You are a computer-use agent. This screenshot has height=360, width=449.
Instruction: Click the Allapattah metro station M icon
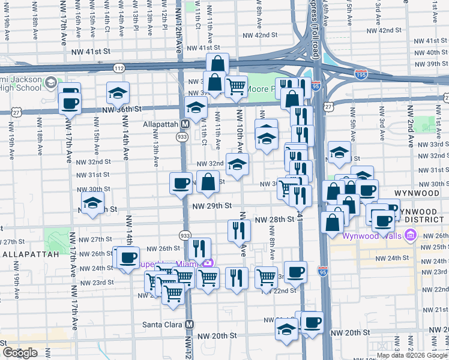coord(185,123)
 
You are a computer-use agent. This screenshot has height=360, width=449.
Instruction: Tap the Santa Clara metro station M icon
coord(189,324)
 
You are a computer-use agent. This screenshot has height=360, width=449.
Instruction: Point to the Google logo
coord(20,353)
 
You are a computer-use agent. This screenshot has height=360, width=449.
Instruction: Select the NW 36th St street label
coord(121,109)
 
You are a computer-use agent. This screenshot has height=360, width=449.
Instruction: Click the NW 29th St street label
coord(212,205)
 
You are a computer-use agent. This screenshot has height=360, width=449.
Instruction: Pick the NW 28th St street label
coord(274,220)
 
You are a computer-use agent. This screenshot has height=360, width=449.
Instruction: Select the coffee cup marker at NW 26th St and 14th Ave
coord(127,258)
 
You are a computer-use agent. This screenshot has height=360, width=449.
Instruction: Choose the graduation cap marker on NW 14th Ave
coord(118,93)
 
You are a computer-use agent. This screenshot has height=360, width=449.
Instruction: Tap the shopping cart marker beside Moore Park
coord(237,86)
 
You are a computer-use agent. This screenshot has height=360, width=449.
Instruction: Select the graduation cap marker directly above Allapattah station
coord(196,108)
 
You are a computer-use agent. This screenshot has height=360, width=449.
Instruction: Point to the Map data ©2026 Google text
coord(412,355)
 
